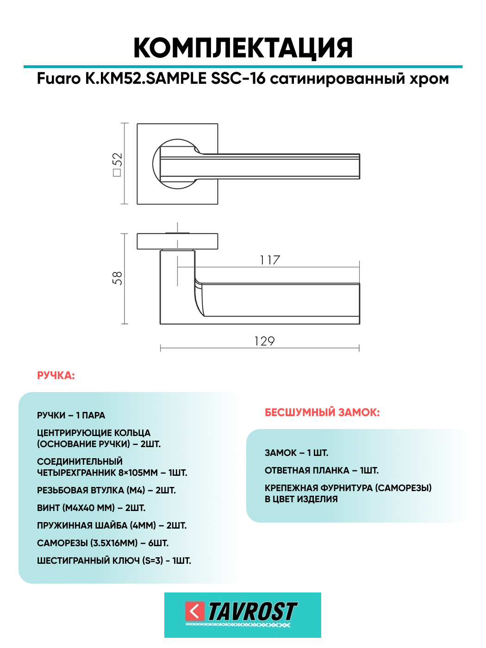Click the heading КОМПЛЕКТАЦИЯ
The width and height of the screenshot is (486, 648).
tap(243, 48)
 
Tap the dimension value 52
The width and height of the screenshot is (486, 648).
tap(118, 160)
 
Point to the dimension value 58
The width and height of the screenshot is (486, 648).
tap(118, 278)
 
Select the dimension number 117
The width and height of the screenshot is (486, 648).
tap(270, 260)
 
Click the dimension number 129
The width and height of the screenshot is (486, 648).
tap(264, 341)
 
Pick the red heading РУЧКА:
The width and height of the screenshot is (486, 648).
tap(56, 375)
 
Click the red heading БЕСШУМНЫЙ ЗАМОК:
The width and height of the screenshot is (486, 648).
tap(322, 412)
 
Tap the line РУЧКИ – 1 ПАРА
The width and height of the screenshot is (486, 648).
tap(71, 415)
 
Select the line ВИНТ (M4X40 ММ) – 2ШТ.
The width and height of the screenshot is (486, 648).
tap(91, 508)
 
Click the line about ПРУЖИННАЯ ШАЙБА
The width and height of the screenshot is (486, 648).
tap(112, 525)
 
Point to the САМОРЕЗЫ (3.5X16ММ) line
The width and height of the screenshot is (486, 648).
tap(103, 543)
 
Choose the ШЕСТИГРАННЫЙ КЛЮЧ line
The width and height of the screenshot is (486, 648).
tap(114, 561)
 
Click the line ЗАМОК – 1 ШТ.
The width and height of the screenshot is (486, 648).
tap(296, 453)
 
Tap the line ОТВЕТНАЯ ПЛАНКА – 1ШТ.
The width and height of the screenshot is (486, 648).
tap(322, 470)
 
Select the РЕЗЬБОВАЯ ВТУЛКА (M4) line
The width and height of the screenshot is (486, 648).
tap(106, 490)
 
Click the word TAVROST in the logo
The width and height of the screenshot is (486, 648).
tap(252, 611)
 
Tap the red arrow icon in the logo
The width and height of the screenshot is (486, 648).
tap(195, 611)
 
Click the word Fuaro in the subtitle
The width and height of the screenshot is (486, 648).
tap(59, 79)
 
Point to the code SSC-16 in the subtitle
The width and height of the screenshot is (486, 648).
tap(238, 78)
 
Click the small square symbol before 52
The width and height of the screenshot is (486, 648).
tap(117, 173)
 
